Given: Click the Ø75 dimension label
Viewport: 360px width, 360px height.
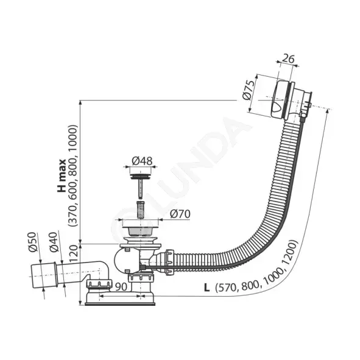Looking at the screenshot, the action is tap(249, 90).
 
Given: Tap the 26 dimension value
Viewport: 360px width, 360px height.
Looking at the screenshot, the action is tap(288, 58).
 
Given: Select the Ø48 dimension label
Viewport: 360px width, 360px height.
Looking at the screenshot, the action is tap(142, 161).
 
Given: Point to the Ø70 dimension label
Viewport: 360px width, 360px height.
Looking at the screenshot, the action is tap(180, 214).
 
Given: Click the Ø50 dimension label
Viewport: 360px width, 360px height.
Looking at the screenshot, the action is tap(33, 242).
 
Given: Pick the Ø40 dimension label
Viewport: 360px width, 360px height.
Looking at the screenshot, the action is tap(53, 242).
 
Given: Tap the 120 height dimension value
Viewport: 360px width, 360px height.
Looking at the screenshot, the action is tap(74, 253).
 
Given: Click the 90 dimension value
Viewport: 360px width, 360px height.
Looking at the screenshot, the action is tap(121, 286).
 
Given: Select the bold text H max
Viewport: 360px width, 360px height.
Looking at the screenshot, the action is tap(62, 175).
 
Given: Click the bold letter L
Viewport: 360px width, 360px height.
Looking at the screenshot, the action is tap(207, 288).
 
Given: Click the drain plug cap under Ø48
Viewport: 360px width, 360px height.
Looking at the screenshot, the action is tap(140, 176).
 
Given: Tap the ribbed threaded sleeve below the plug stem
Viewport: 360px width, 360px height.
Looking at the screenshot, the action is tap(140, 210).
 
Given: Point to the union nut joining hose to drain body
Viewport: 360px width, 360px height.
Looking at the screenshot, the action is tap(169, 262).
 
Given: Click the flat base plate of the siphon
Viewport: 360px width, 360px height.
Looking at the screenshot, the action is tap(120, 304).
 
